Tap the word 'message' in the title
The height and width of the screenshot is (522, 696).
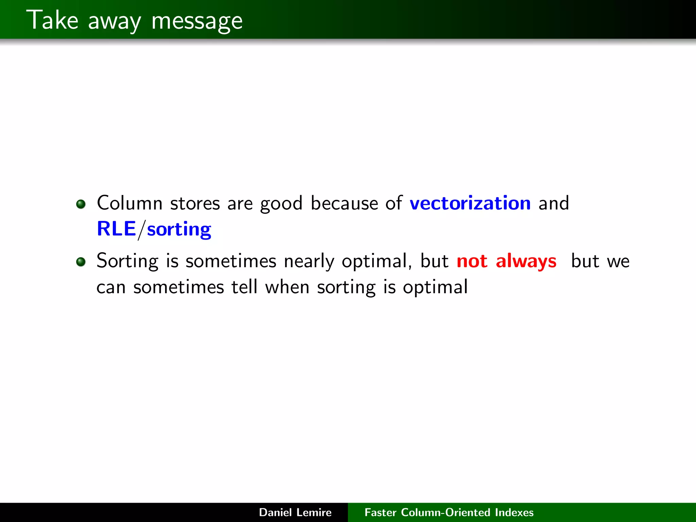click(x=197, y=21)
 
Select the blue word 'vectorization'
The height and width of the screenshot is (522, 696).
click(x=470, y=203)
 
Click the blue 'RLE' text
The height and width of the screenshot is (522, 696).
click(x=116, y=229)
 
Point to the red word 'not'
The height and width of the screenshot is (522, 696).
click(x=472, y=261)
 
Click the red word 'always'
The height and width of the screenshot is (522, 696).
click(x=526, y=261)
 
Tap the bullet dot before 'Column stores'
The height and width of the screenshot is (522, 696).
click(x=81, y=204)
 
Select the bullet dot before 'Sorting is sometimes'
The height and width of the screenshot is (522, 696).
click(x=81, y=262)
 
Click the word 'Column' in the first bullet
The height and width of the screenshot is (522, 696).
click(x=129, y=203)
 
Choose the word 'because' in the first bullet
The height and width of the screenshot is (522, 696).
click(x=344, y=203)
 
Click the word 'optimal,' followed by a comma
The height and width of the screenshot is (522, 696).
click(x=377, y=261)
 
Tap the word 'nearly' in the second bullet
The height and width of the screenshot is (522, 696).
click(x=309, y=261)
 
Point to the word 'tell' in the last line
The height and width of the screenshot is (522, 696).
click(x=244, y=287)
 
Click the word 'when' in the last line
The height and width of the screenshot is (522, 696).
click(x=287, y=287)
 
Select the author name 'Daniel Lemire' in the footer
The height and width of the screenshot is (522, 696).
click(x=295, y=512)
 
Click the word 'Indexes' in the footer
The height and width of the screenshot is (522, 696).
click(x=514, y=512)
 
